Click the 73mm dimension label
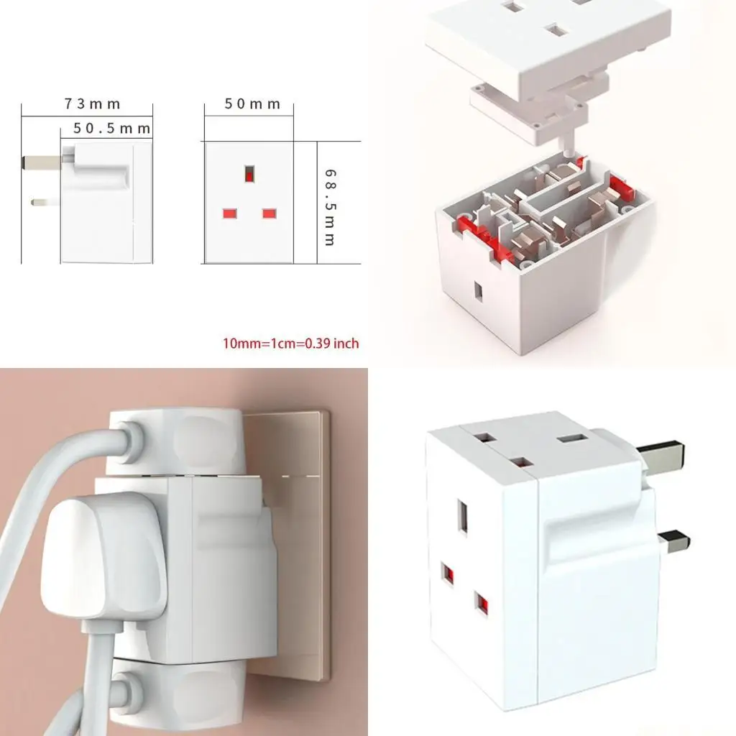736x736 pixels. (x=92, y=104)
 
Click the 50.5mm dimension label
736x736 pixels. (x=112, y=129)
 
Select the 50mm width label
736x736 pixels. (x=252, y=104)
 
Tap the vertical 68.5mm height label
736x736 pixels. (x=329, y=208)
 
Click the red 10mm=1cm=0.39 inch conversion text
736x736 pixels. (x=290, y=344)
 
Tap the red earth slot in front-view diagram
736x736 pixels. (x=249, y=174)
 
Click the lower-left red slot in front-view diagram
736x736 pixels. (x=230, y=213)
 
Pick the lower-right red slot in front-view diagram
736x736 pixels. (x=270, y=213)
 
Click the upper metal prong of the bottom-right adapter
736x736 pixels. (x=661, y=456)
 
